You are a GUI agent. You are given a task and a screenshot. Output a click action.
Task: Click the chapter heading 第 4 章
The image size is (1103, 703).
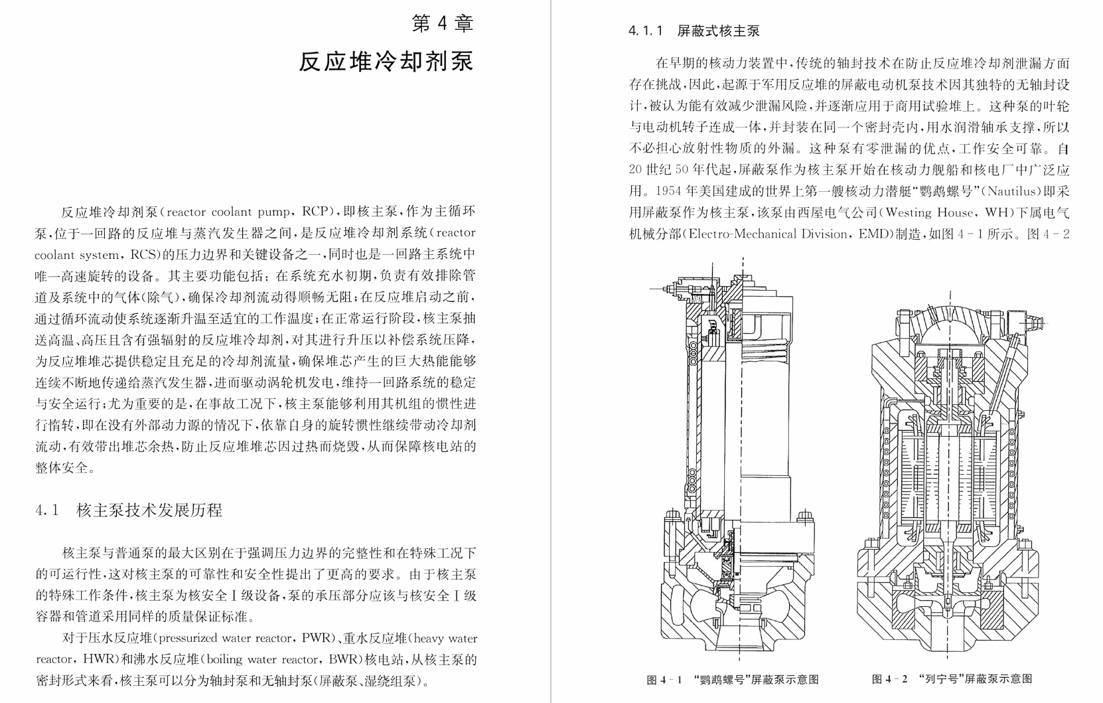(442, 24)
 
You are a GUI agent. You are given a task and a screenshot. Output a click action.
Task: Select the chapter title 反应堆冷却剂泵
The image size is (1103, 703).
(386, 61)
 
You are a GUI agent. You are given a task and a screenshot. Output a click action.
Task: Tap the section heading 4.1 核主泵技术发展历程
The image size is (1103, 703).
(129, 510)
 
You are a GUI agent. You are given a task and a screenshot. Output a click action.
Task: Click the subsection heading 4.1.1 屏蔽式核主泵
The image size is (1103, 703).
(694, 31)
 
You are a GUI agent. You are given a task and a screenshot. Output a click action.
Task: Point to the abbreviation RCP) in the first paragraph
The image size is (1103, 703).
(317, 212)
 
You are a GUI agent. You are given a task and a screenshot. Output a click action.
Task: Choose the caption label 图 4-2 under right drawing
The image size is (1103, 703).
(889, 679)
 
